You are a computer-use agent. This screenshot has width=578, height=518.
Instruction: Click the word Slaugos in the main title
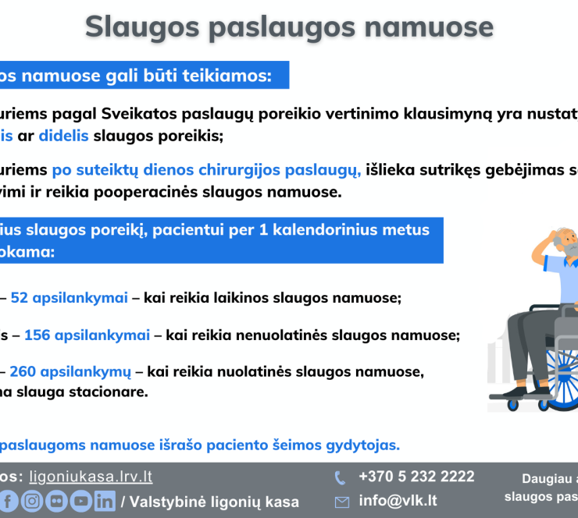(142, 27)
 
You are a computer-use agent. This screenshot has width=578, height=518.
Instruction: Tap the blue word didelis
(63, 136)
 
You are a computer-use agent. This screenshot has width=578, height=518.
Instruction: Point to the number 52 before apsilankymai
(20, 298)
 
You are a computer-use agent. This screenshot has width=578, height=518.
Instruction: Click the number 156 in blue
(37, 335)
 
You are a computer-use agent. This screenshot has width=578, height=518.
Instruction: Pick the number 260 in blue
(23, 372)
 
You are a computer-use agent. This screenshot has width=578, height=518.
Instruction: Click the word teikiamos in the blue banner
(227, 76)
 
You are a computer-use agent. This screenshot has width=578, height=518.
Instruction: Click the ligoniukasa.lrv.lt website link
(91, 477)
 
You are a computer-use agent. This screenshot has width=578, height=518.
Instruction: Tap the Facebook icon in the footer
(7, 501)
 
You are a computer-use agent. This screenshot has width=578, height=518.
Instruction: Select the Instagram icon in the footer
(32, 501)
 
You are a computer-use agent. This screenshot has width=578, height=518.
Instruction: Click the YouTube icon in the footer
(80, 501)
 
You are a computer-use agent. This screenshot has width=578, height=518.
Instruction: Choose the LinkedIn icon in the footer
(105, 501)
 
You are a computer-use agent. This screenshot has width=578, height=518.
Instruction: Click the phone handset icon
(340, 478)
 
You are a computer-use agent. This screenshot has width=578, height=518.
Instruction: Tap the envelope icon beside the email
(341, 502)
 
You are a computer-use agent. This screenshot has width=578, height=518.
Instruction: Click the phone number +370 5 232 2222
(416, 477)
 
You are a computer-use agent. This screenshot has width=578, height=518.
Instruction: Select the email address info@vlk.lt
(398, 501)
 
